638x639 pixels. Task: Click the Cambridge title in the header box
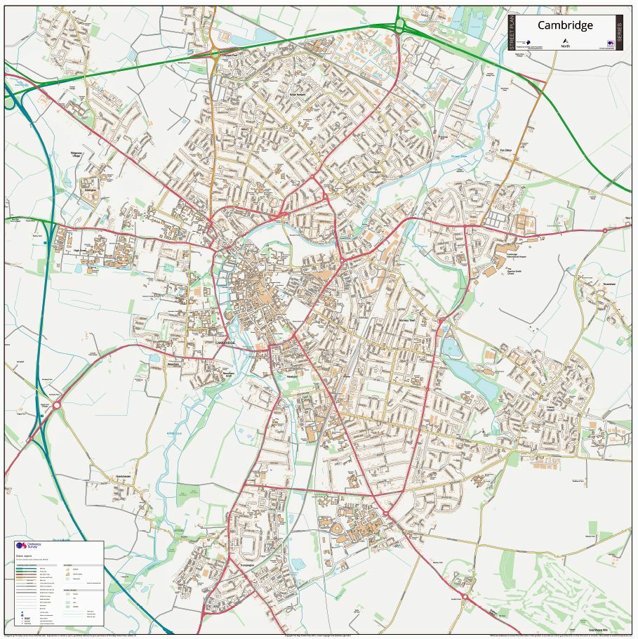click(565, 25)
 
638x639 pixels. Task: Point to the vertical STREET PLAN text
click(512, 32)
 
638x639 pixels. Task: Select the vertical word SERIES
click(619, 32)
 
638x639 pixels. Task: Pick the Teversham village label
click(608, 284)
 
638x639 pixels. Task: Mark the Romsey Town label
click(408, 320)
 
